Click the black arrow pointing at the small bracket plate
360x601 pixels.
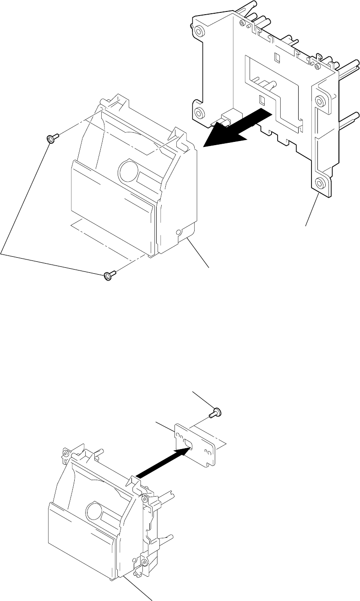coord(163,465)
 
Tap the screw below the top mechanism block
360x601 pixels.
coord(109,275)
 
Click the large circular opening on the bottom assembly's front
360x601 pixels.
coord(95,508)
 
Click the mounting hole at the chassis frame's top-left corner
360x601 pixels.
coord(199,32)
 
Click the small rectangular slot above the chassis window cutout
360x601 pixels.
coord(276,57)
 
